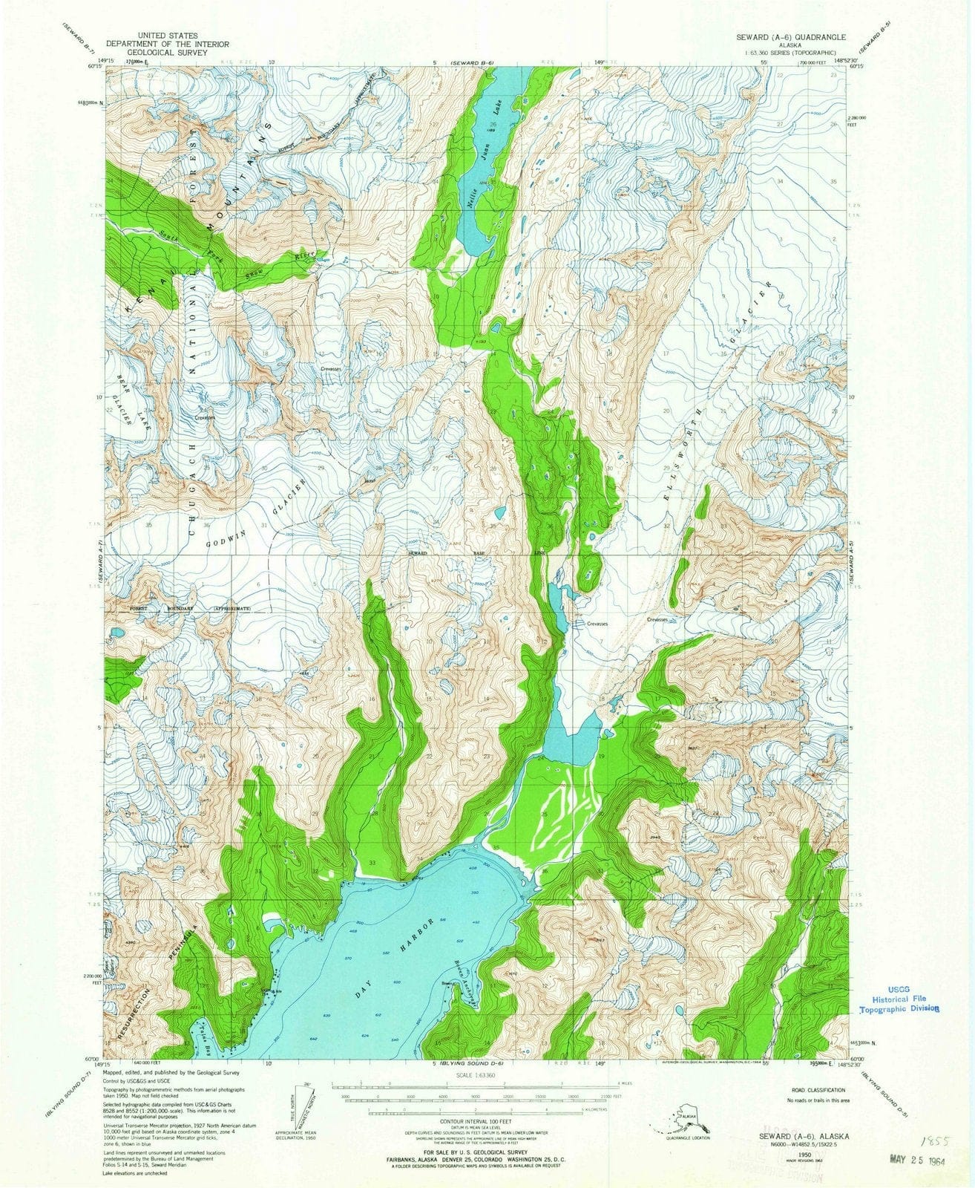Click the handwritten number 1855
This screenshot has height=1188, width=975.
(x=931, y=1120)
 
